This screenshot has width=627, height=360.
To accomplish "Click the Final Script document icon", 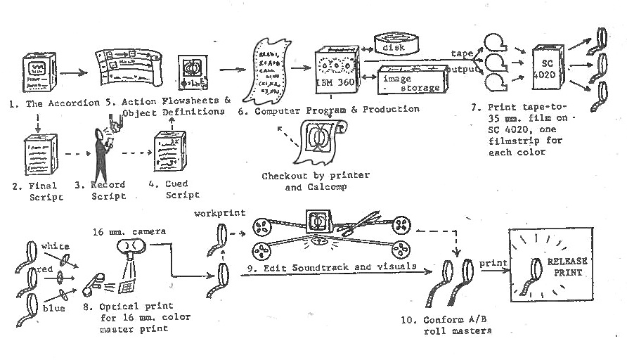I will pyautogui.click(x=37, y=153).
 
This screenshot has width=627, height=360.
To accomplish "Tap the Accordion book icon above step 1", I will pyautogui.click(x=38, y=69).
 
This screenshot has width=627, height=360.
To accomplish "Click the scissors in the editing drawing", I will pyautogui.click(x=352, y=226).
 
